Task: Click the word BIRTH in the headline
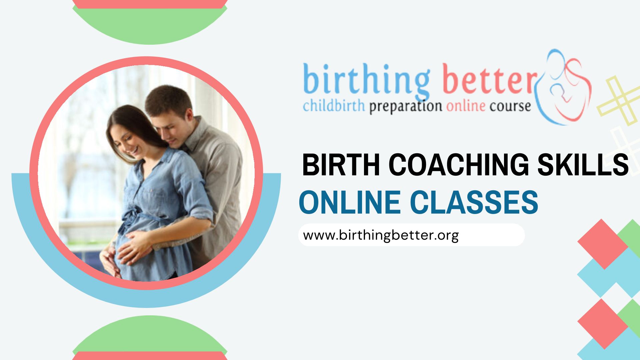(x=341, y=164)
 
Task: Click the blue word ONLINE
(x=350, y=202)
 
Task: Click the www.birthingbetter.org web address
(x=381, y=235)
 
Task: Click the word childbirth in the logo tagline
(x=334, y=106)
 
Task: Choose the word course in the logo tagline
(x=510, y=107)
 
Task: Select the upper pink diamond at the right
(x=602, y=244)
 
